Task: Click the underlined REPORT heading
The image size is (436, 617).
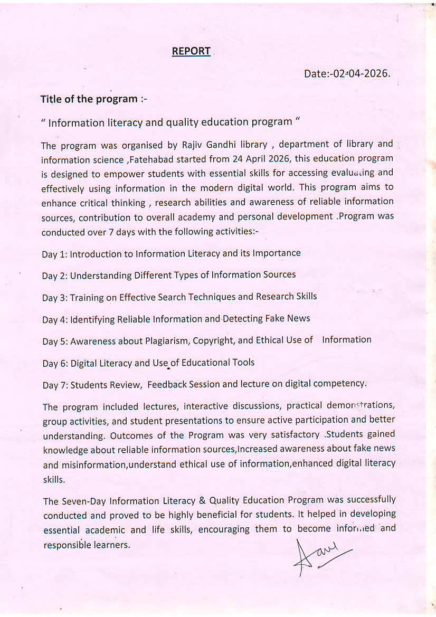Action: pyautogui.click(x=191, y=51)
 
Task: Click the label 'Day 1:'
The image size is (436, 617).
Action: pyautogui.click(x=55, y=254)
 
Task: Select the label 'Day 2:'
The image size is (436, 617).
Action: pyautogui.click(x=55, y=276)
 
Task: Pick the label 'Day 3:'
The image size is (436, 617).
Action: pyautogui.click(x=55, y=298)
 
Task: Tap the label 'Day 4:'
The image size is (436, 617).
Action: pyautogui.click(x=55, y=319)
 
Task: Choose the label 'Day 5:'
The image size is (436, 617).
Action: pyautogui.click(x=55, y=341)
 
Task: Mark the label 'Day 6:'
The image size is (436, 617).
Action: pyautogui.click(x=55, y=363)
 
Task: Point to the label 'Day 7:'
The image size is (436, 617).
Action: pyautogui.click(x=55, y=385)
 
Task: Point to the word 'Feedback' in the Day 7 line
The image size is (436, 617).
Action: pyautogui.click(x=167, y=384)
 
